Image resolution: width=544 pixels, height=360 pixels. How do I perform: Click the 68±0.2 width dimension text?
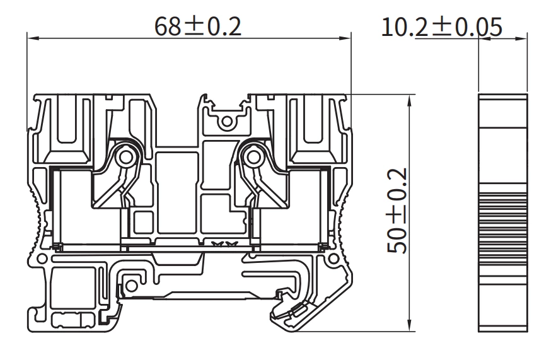198,26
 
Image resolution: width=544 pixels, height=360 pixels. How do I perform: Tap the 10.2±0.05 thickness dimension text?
441,26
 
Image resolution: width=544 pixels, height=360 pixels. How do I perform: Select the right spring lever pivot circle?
253,155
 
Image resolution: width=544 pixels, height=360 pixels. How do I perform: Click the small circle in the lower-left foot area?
131,286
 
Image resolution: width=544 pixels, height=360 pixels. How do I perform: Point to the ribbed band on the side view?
503,208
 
